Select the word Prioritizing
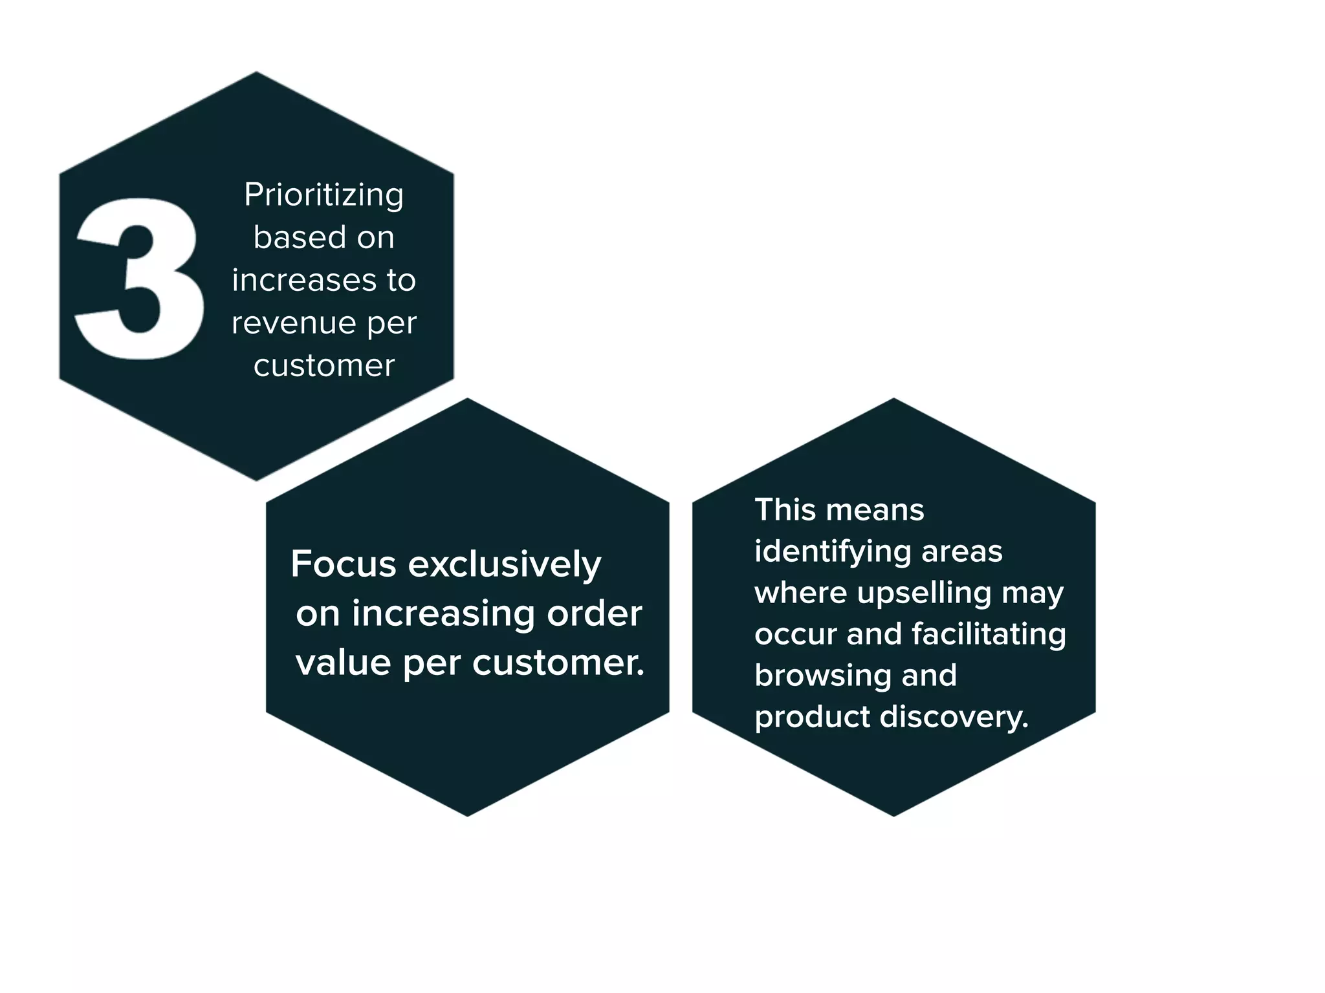323,195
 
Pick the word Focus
343,564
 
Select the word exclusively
505,564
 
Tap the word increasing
443,614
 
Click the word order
595,614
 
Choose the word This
783,510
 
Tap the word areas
962,552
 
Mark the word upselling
925,593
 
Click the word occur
795,635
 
